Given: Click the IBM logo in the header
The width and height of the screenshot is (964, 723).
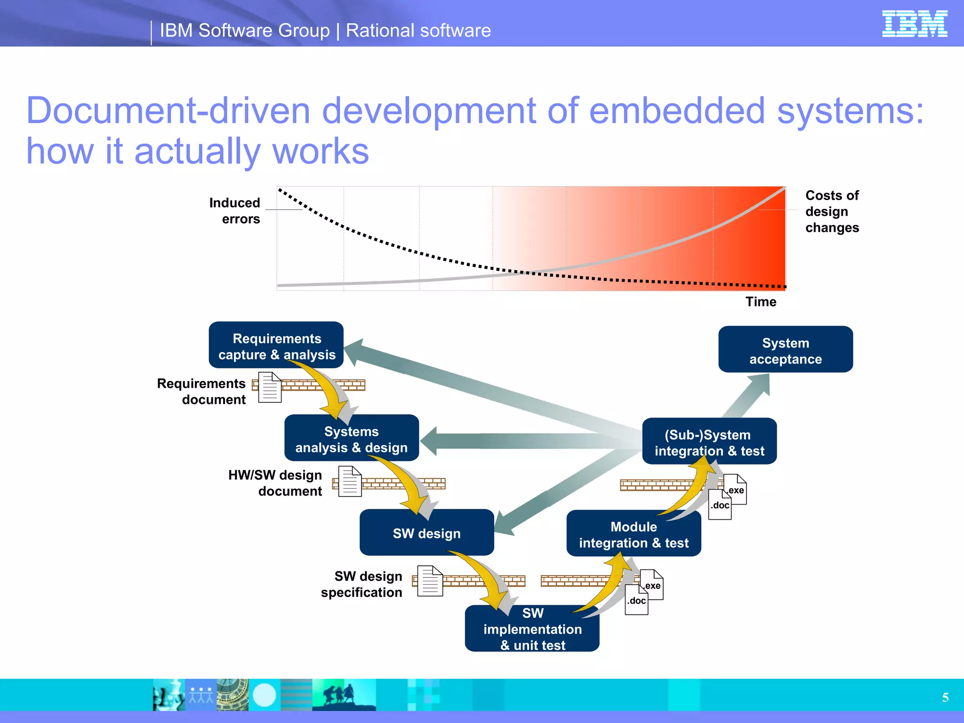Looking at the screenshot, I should pos(914,24).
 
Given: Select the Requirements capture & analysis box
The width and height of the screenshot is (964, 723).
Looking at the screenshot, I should pos(276,346).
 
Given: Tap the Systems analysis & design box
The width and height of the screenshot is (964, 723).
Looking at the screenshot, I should pos(351,439).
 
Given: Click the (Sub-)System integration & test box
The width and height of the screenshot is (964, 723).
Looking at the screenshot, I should pos(709,442).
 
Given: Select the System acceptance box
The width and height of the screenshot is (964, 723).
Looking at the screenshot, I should pos(785,350).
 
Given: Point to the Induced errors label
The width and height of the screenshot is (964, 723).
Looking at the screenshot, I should pos(234,210).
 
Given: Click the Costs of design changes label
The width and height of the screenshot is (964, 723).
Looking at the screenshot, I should pos(832,211).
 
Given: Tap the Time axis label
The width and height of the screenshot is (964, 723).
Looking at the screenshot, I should pos(760,302).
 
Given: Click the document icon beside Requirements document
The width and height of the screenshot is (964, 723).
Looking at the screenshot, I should pos(270,387).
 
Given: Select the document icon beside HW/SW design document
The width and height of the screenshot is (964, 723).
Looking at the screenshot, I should pos(350,481).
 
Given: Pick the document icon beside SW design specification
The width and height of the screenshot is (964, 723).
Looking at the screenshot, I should pos(430,581).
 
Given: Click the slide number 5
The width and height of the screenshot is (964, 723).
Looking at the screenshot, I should pos(945,698).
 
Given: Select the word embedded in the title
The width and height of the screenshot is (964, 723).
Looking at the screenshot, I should pos(676,111).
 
